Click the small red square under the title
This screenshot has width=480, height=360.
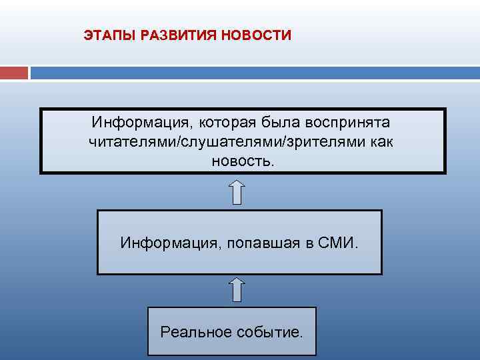point(14,72)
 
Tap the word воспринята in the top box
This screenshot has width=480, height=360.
point(349,123)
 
